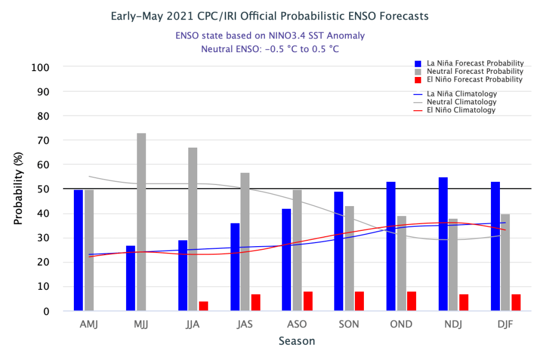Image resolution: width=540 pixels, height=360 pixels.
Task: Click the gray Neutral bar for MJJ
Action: click(141, 222)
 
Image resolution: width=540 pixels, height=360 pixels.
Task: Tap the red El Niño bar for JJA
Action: click(203, 306)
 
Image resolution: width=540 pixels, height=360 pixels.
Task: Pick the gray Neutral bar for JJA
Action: click(193, 229)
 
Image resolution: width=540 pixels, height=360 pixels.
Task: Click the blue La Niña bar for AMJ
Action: click(78, 250)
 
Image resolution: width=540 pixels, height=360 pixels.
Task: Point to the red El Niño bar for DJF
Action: click(516, 303)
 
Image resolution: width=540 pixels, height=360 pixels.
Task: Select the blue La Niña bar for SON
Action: click(339, 251)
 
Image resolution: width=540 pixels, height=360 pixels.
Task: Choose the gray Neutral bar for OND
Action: click(401, 264)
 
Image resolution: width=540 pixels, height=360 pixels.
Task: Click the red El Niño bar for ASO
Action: click(308, 301)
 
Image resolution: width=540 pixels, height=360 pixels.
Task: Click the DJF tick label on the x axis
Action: click(506, 324)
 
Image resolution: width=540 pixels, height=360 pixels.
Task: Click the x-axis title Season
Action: click(297, 341)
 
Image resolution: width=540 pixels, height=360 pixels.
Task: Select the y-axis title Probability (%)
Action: click(18, 189)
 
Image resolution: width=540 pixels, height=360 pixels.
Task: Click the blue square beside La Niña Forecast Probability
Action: click(418, 63)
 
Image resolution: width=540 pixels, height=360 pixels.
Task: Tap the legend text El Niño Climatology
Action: click(461, 110)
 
